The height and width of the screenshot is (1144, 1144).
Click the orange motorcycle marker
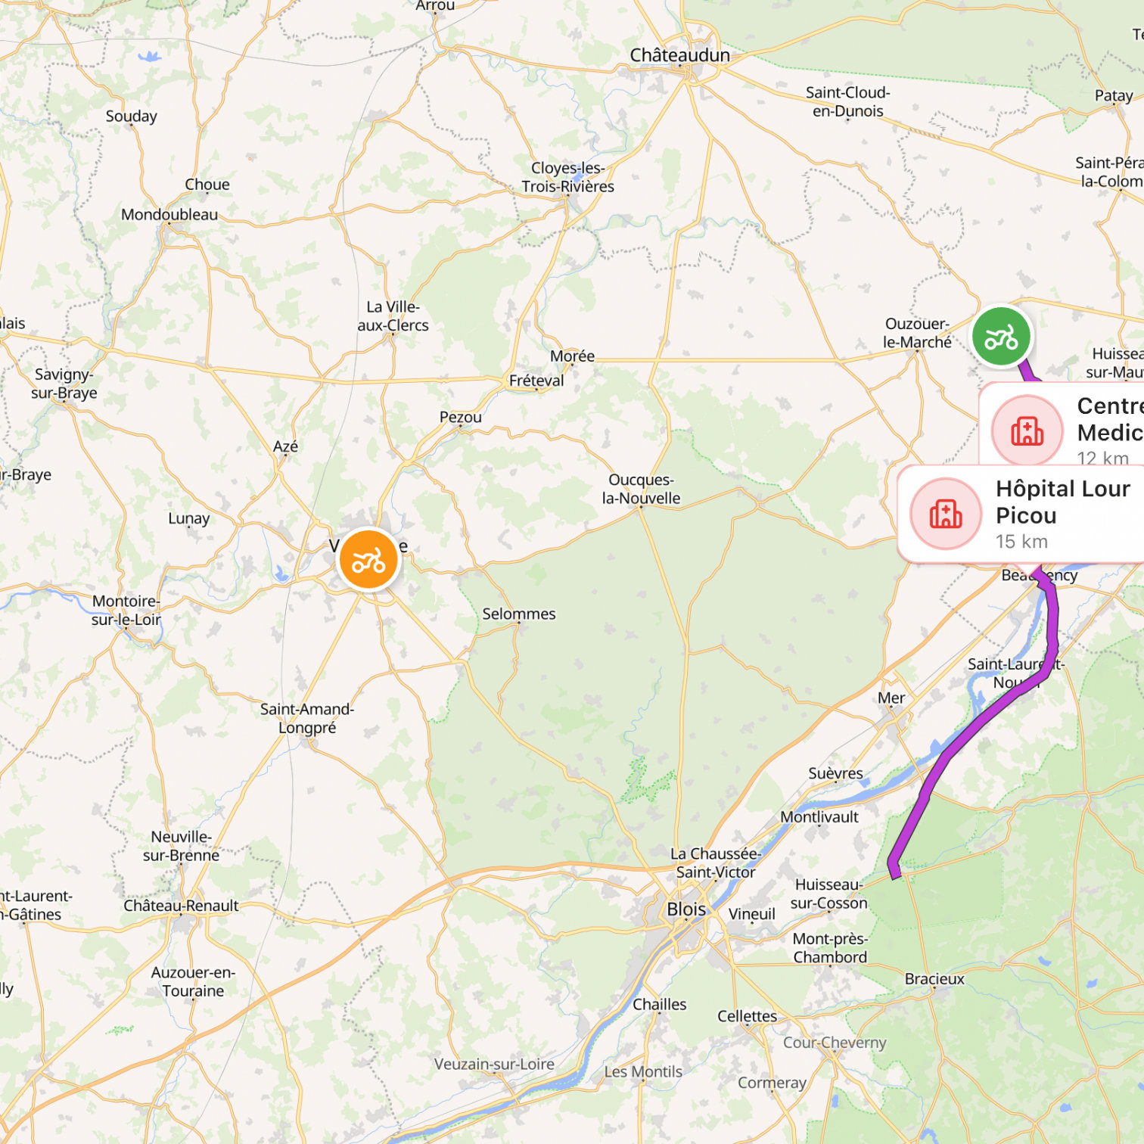(368, 560)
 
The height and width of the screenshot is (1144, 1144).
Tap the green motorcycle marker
(1001, 337)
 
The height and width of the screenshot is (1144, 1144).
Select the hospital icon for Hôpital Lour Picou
(946, 514)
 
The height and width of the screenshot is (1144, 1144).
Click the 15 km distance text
(1021, 542)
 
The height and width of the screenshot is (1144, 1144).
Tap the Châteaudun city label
(679, 55)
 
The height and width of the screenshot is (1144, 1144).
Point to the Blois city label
(686, 909)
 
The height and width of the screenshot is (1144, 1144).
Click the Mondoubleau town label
(169, 215)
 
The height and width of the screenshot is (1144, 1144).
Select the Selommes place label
(519, 614)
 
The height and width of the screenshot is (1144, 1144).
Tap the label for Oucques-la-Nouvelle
(641, 489)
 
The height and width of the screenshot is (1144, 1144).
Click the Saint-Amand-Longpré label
(307, 718)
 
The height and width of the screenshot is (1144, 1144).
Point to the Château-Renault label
(181, 906)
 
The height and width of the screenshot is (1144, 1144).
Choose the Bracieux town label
(934, 979)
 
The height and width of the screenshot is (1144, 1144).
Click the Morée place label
(572, 356)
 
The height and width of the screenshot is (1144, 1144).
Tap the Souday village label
(132, 117)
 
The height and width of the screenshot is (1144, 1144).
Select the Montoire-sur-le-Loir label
(126, 611)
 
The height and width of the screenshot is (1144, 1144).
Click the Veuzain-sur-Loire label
(494, 1064)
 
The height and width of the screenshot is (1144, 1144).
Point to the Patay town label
(1114, 96)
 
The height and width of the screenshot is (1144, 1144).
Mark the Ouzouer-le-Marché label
(917, 333)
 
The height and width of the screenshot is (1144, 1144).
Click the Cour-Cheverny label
(835, 1043)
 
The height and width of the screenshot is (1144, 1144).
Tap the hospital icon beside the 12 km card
(1027, 431)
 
